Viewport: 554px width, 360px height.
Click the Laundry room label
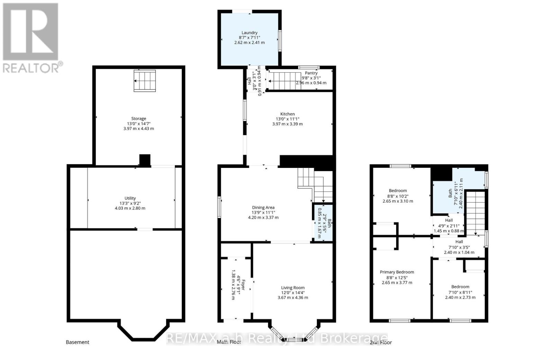tap(249, 33)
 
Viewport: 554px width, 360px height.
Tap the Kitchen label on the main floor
tap(287, 114)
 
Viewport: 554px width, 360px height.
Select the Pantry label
tap(311, 73)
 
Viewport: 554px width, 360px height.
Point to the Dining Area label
tap(263, 207)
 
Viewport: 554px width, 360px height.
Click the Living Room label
tap(293, 288)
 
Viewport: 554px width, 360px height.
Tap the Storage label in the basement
tap(138, 119)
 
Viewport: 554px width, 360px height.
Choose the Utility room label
tap(130, 198)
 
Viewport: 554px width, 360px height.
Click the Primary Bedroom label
tap(397, 272)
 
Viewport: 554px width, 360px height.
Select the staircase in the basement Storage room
tap(145, 81)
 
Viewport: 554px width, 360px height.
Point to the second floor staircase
tap(475, 213)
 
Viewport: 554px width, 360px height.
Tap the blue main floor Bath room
tap(323, 223)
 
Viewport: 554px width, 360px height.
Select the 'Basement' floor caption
tap(78, 342)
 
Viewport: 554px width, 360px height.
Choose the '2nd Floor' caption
tap(381, 342)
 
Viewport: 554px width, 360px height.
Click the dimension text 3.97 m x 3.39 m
tap(287, 124)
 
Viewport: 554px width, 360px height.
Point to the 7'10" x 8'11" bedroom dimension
tap(460, 292)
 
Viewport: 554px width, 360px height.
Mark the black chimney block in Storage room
tap(145, 160)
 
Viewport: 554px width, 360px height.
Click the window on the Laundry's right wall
tap(280, 40)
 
